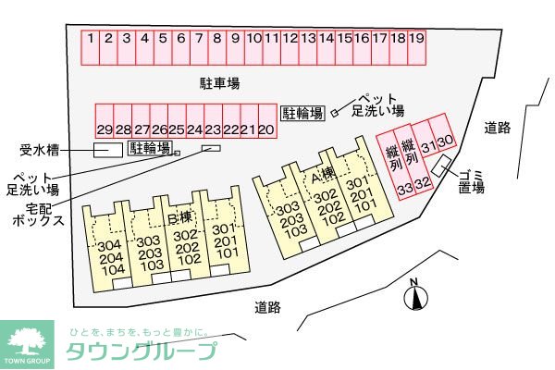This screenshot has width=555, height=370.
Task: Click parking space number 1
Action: [x=92, y=39]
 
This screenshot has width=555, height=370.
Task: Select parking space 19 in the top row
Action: [x=416, y=39]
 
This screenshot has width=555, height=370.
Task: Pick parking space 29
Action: [x=104, y=129]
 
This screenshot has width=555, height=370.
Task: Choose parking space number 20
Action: [x=265, y=129]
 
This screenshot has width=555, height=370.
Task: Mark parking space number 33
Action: [x=404, y=189]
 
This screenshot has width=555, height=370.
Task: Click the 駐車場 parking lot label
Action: [x=220, y=83]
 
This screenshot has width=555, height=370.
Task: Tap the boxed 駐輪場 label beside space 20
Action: [x=302, y=113]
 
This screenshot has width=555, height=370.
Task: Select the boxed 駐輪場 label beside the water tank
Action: [x=150, y=147]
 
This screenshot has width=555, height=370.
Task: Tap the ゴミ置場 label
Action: [x=472, y=180]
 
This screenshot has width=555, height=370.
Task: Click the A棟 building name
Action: [x=322, y=175]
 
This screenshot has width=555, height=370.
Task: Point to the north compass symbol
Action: [x=415, y=297]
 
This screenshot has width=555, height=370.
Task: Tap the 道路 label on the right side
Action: [x=498, y=129]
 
